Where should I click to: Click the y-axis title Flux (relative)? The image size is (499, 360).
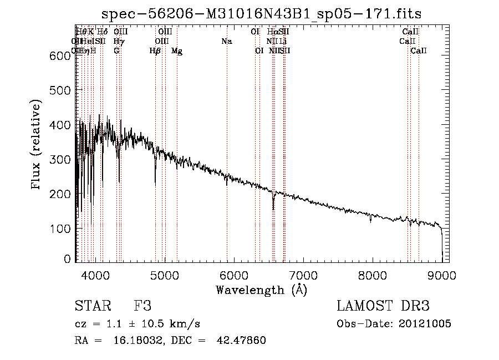pos(37,145)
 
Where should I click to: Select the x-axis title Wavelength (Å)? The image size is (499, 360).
pos(261,290)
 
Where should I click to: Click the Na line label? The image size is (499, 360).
pos(226,41)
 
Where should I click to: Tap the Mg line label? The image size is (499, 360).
pos(177,51)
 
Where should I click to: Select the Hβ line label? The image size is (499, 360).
pos(155,51)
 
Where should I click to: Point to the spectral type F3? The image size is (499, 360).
pos(142,306)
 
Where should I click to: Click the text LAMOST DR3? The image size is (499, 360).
pos(383,306)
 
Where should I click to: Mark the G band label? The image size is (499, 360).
pos(116,51)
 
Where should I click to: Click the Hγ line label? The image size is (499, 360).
pos(119,41)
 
